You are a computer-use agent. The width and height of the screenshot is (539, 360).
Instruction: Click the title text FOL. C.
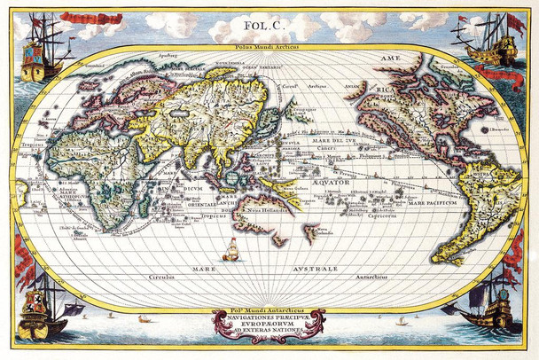269,27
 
